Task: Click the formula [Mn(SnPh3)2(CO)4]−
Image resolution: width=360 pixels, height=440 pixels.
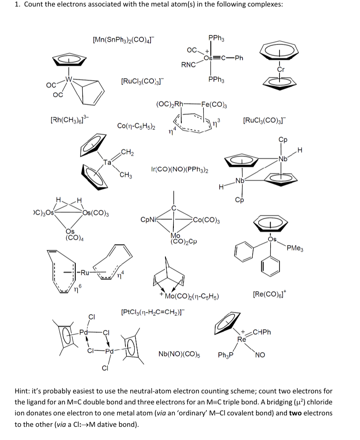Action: pyautogui.click(x=123, y=40)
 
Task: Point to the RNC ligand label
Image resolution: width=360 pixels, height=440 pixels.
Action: pyautogui.click(x=188, y=65)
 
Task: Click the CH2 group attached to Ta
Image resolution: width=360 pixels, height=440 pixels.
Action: pyautogui.click(x=127, y=153)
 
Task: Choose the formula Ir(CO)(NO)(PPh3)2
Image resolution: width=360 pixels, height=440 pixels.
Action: pyautogui.click(x=180, y=169)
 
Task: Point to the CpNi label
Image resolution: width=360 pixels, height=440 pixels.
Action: pyautogui.click(x=148, y=219)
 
